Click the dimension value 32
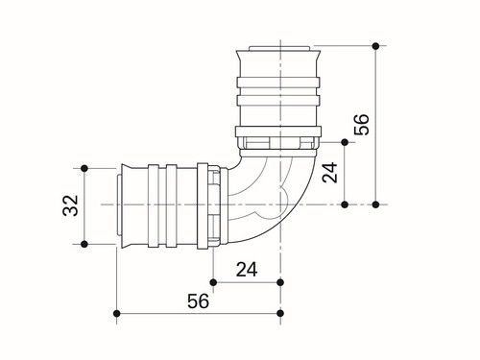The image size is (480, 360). [71, 205]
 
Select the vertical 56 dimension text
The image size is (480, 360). [362, 124]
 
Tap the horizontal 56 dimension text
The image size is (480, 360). [198, 300]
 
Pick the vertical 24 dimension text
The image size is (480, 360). [330, 173]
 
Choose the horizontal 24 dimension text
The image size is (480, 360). [247, 270]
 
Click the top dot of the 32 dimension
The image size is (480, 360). [84, 168]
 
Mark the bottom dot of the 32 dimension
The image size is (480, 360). [84, 244]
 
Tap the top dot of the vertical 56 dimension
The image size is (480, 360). [376, 46]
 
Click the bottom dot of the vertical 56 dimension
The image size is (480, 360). [376, 204]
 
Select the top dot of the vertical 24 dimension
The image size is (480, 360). [345, 142]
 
